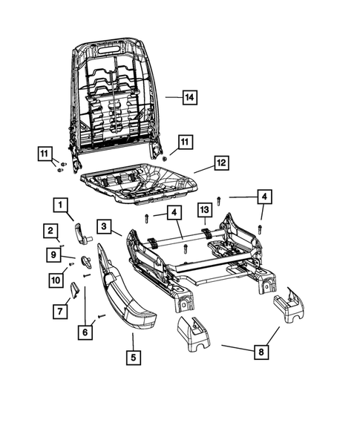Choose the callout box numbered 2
point(50,231)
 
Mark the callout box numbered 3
point(105,226)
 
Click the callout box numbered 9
point(53,254)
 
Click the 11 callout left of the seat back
point(45,154)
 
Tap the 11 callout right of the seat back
point(185,141)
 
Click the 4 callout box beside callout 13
point(173,213)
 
